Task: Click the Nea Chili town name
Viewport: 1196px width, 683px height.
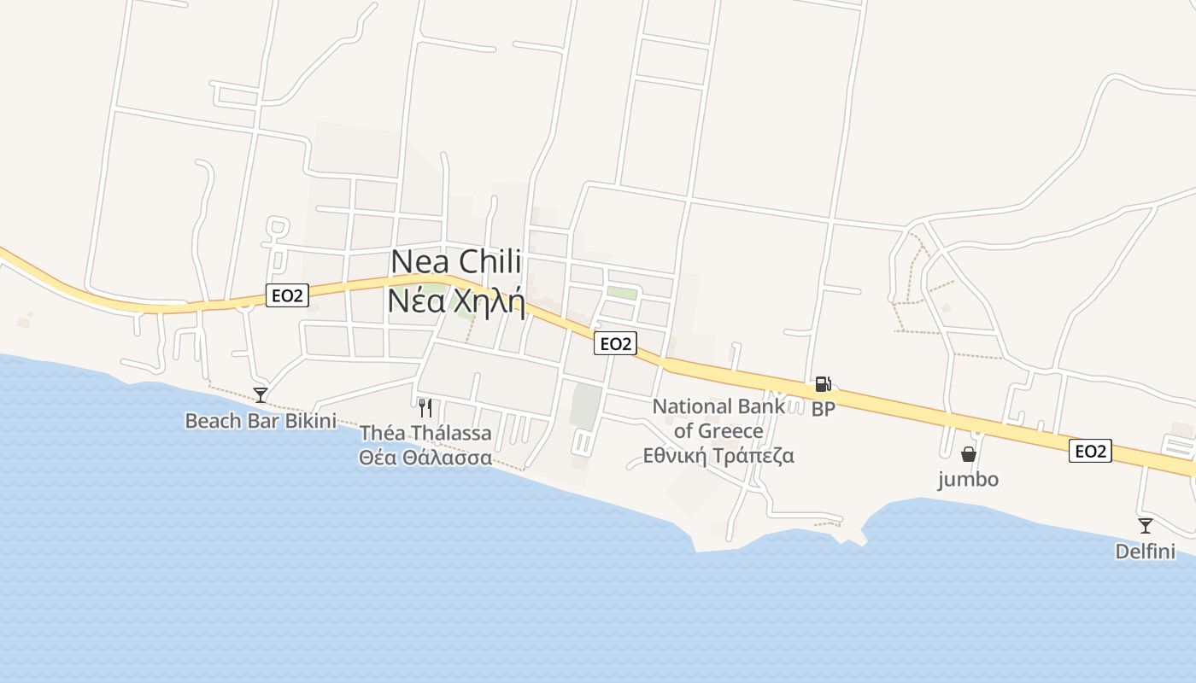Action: point(455,262)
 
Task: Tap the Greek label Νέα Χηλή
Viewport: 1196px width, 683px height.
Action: point(455,301)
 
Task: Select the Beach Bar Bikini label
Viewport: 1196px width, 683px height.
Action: point(261,421)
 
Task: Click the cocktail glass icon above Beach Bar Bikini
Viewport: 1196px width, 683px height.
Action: point(261,395)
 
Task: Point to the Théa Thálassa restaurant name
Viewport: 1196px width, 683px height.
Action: point(425,433)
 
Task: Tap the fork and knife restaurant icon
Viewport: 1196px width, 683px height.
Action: point(425,407)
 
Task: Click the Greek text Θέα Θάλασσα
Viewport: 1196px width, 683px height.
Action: point(425,458)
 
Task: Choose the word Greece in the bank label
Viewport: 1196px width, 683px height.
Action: point(730,430)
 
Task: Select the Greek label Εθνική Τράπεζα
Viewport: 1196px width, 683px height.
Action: point(718,455)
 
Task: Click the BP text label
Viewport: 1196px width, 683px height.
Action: point(824,409)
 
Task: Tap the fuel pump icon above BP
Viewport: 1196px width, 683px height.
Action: point(823,384)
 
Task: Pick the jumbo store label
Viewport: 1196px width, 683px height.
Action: point(968,479)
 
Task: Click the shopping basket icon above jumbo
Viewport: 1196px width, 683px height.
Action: point(968,454)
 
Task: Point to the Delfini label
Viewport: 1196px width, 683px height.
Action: point(1145,552)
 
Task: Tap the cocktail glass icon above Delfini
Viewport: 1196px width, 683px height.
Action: point(1145,526)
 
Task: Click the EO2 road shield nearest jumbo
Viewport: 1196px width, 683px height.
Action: point(1090,451)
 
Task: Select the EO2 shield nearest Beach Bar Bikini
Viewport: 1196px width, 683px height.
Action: point(287,295)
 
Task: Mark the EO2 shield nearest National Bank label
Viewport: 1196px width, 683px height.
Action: point(616,343)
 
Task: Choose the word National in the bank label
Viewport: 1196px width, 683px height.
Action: point(693,406)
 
